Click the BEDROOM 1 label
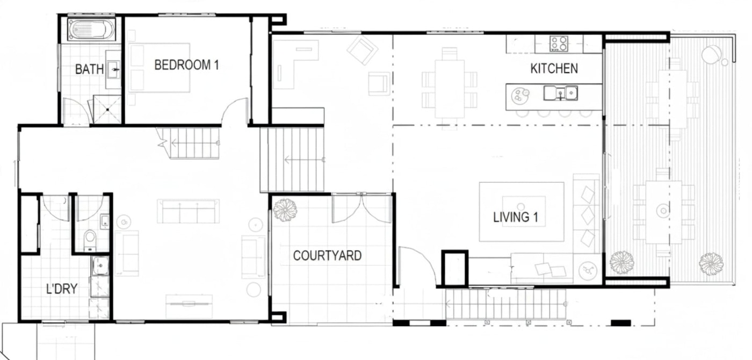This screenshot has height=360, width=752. (186, 65)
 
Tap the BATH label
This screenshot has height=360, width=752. (89, 69)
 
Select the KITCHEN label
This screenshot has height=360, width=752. (554, 69)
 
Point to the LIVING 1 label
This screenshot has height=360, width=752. (515, 217)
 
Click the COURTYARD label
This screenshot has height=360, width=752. (327, 256)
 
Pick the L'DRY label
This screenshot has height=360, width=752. (62, 289)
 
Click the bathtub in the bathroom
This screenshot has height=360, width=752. (91, 29)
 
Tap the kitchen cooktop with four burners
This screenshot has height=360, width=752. (559, 44)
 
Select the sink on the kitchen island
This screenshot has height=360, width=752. (560, 93)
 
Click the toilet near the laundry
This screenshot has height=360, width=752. (90, 240)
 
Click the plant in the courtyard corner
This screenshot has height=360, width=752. (285, 210)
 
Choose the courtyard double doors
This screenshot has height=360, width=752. (362, 208)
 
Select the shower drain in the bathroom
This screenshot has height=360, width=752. (107, 110)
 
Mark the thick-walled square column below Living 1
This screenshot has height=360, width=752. (455, 269)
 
